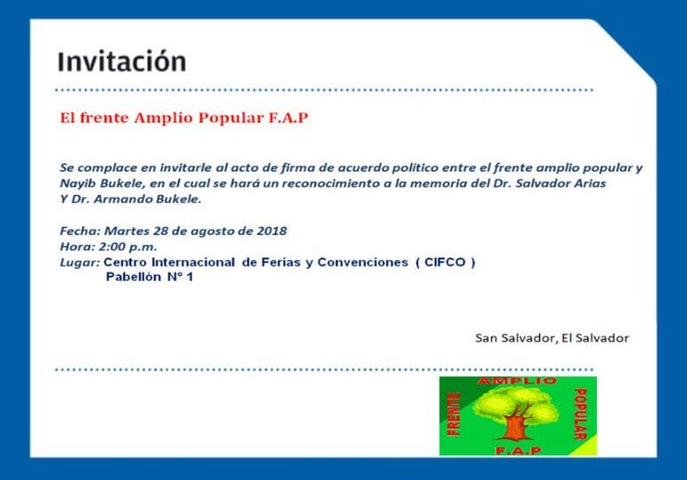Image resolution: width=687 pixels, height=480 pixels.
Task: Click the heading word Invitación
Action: [x=122, y=61]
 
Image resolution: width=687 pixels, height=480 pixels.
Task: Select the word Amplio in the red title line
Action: [x=164, y=118]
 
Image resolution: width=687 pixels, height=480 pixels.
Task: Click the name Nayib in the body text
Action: [x=75, y=184]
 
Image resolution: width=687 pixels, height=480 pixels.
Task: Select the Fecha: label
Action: [x=80, y=231]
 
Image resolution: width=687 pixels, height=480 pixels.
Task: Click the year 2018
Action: [x=272, y=231]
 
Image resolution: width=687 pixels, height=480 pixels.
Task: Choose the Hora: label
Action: [x=77, y=247]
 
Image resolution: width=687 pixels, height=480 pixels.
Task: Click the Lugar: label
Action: [x=79, y=263]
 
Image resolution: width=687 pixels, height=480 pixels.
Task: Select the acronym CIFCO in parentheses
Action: [x=444, y=262]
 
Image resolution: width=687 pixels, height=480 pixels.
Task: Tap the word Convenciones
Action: [x=363, y=262]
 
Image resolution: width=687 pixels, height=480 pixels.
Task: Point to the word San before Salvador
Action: [x=486, y=338]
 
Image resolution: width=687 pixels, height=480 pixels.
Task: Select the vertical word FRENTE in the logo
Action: [x=454, y=414]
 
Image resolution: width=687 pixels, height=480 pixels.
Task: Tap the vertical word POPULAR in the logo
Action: [x=579, y=414]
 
